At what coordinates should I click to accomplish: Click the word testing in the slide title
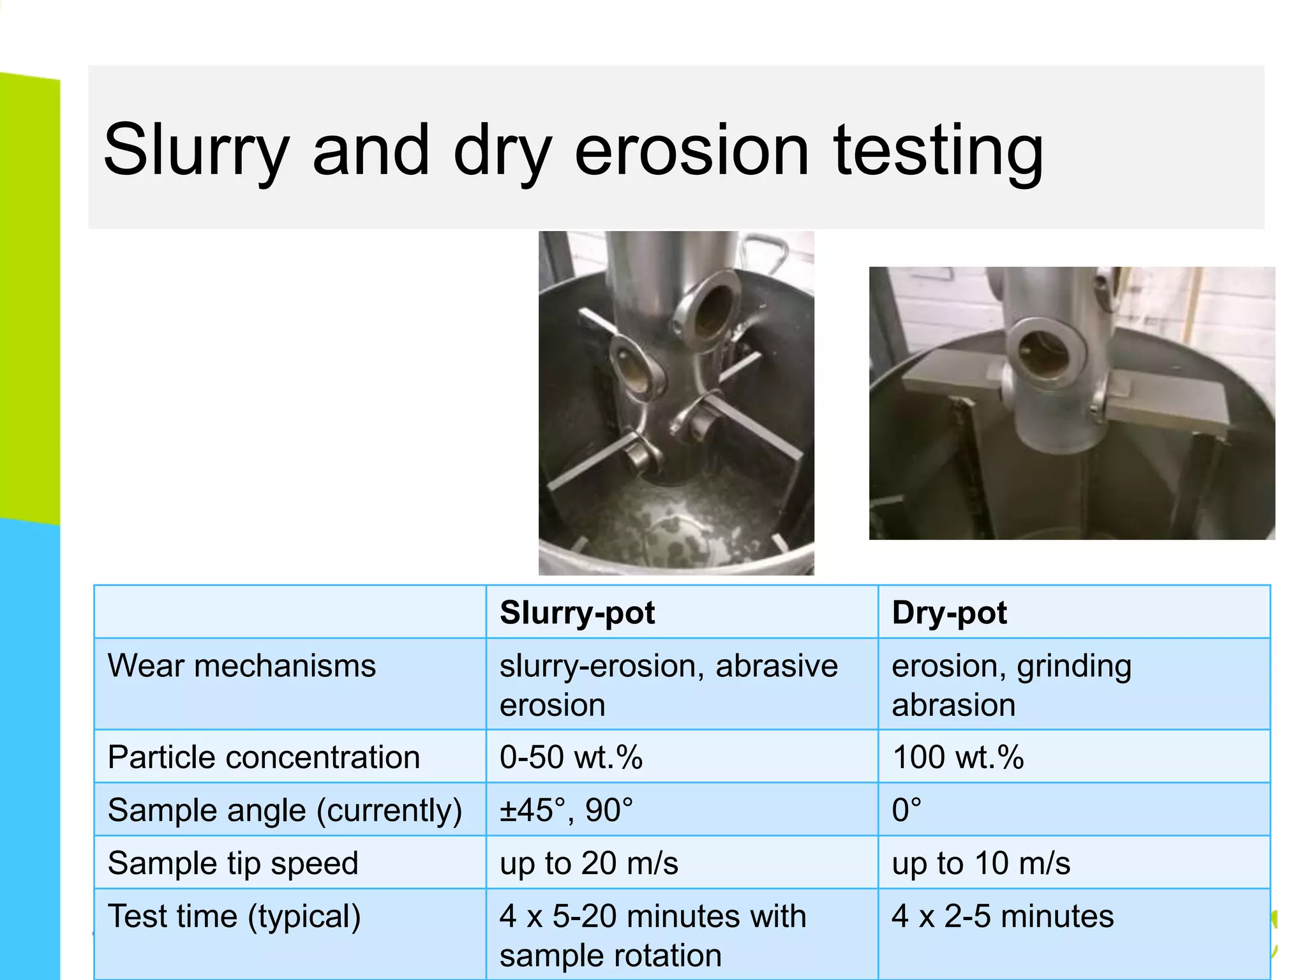click(938, 151)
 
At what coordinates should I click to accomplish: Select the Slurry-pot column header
click(577, 612)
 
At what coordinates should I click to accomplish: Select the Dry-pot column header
click(949, 612)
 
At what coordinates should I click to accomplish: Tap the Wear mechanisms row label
click(242, 666)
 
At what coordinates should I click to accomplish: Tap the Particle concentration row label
click(264, 757)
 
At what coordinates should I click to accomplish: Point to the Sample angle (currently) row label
click(285, 810)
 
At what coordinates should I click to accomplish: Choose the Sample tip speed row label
click(233, 863)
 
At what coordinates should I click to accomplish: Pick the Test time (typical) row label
click(234, 916)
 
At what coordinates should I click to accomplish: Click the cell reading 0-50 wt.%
click(571, 757)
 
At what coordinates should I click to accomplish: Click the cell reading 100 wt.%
click(957, 757)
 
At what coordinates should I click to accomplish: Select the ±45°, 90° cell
click(566, 810)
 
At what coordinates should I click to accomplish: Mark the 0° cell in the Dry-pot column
click(906, 810)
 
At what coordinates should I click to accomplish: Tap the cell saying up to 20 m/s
click(588, 863)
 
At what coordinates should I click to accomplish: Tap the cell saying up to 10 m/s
click(980, 863)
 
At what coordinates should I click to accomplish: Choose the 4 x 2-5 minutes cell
click(1003, 916)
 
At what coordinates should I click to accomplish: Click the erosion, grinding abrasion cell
click(1011, 685)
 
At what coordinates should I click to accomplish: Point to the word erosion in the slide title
click(692, 151)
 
